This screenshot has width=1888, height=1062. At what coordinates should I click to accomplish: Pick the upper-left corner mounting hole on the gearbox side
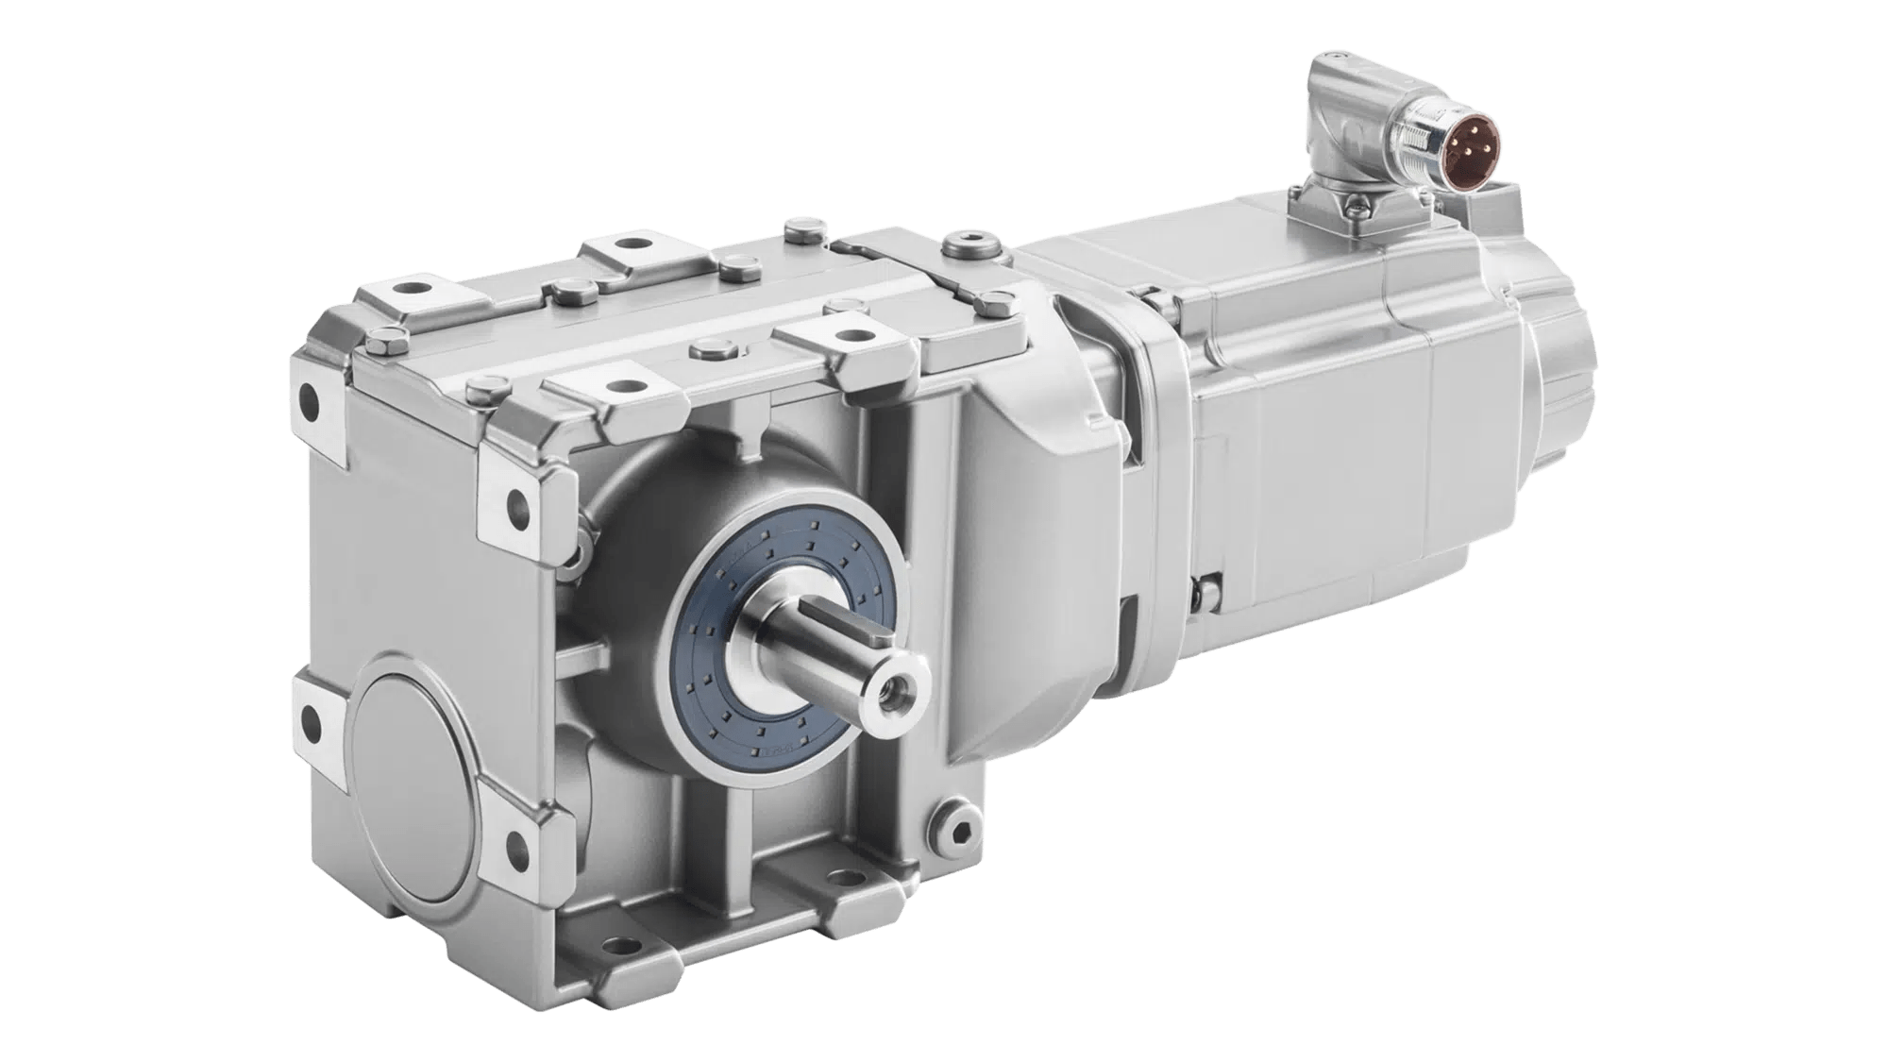[309, 400]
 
